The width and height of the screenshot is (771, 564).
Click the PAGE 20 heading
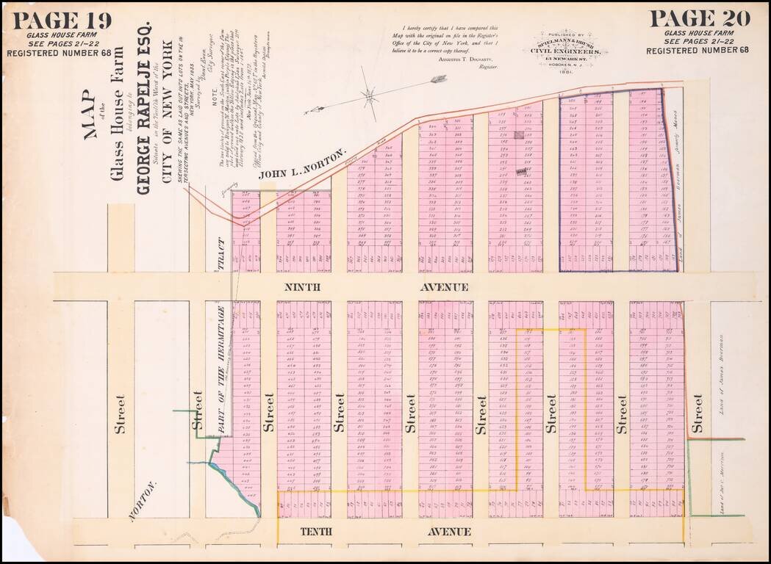(700, 18)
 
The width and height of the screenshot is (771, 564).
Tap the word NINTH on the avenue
(301, 287)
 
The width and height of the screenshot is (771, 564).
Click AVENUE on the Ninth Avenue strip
(444, 287)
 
